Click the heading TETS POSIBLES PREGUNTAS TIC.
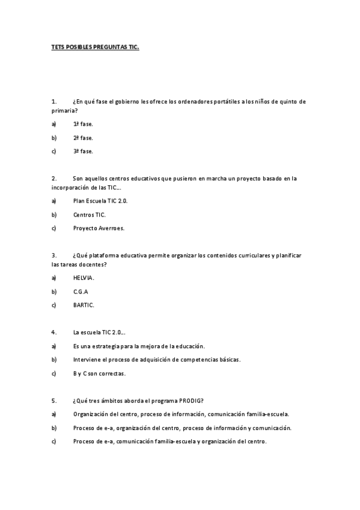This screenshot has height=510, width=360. (x=95, y=46)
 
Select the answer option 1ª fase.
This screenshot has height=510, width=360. (x=83, y=124)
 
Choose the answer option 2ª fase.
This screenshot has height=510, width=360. (x=83, y=138)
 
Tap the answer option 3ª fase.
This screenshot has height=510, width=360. (x=83, y=152)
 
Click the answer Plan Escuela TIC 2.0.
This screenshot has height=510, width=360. (x=100, y=201)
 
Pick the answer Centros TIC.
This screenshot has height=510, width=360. (x=90, y=215)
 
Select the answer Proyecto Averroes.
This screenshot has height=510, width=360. (x=99, y=229)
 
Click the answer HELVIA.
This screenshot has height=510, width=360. (x=84, y=278)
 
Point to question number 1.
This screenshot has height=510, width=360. (x=54, y=102)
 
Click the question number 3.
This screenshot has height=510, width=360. (x=54, y=255)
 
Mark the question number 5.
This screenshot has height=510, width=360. (x=54, y=401)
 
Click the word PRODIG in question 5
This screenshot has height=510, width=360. (x=191, y=401)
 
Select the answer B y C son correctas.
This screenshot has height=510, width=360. (x=99, y=373)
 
